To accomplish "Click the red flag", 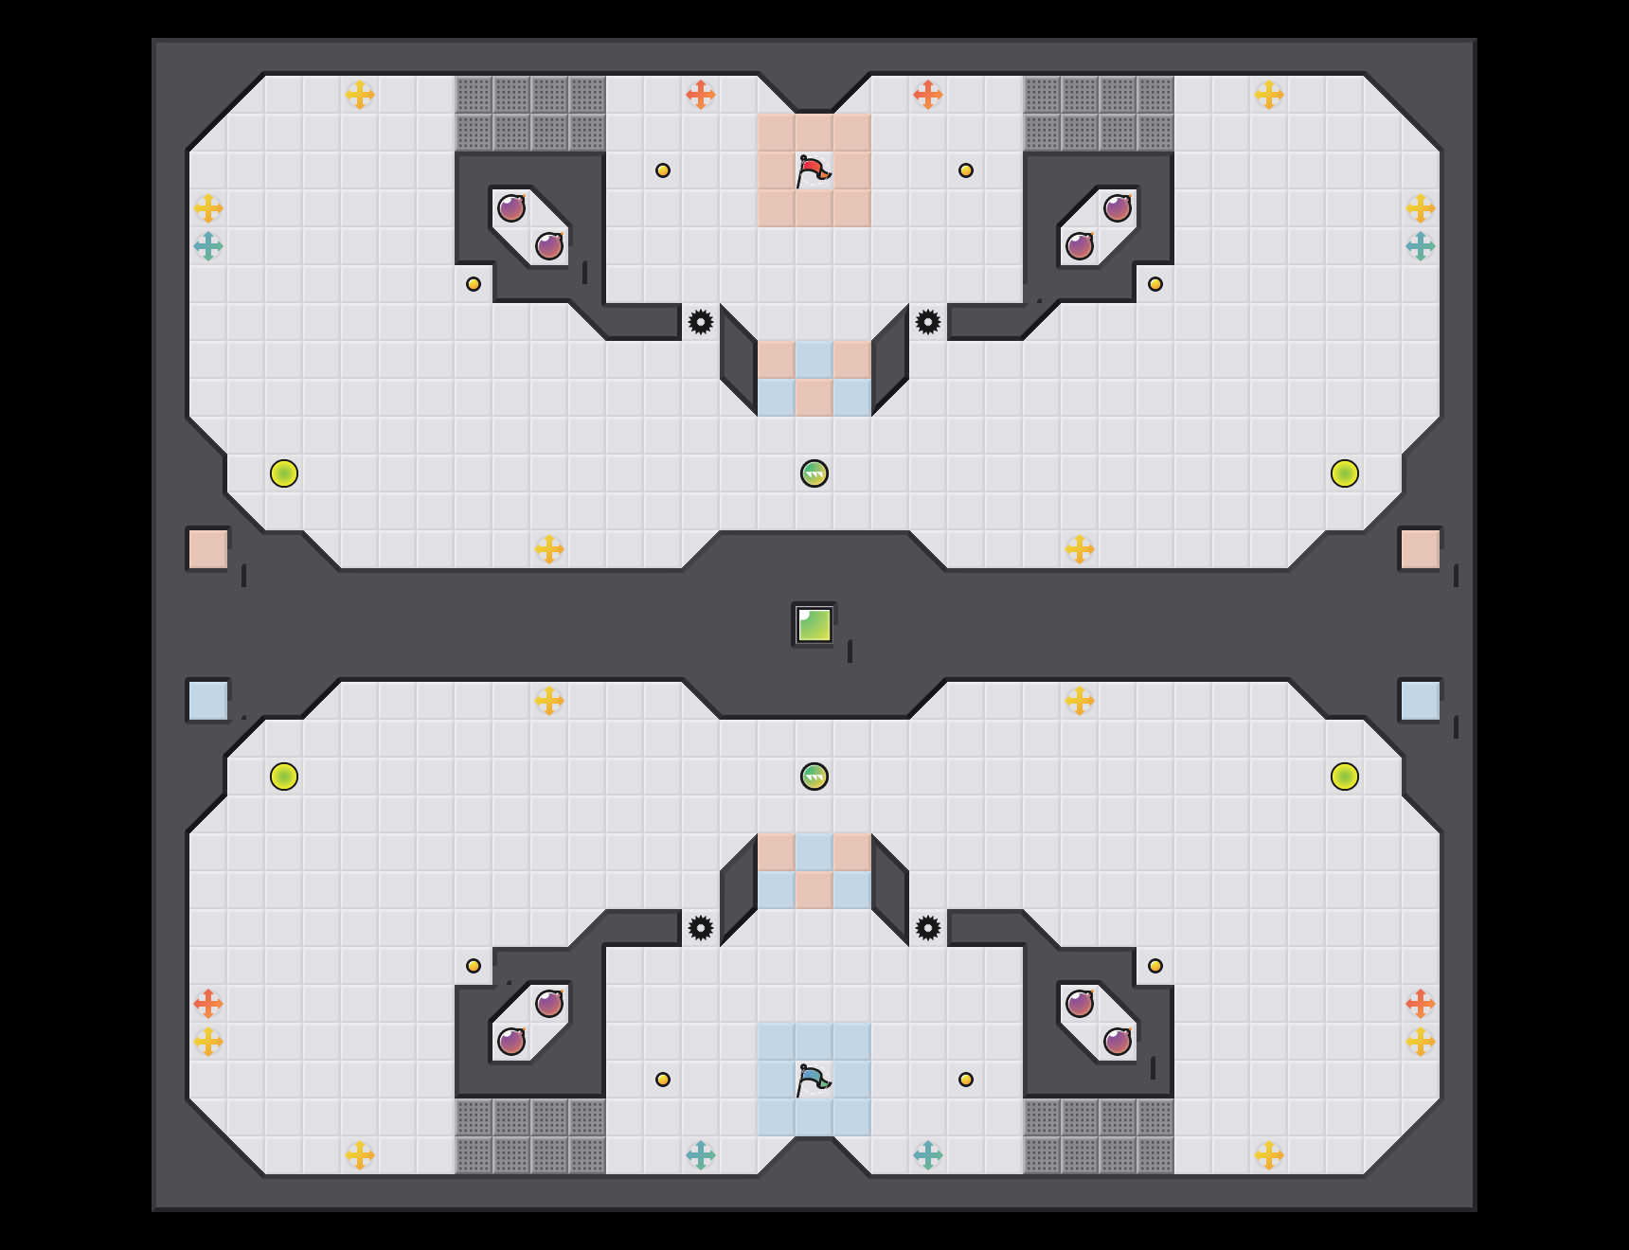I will [813, 171].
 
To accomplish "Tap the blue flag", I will [813, 1080].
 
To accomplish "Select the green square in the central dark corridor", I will [814, 625].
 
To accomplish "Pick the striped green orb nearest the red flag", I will [814, 473].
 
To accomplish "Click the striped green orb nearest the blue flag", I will [814, 777].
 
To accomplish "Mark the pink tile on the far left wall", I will [207, 549].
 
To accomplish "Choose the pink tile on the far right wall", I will [1420, 549].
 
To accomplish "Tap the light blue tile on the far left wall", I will [207, 701].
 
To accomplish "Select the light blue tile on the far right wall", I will [1420, 701].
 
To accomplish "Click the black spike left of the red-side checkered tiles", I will [701, 322].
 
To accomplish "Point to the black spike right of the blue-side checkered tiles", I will [928, 928].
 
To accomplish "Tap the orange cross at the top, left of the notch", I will [701, 95].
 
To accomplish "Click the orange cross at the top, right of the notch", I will [928, 95].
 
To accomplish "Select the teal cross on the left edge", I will [208, 246].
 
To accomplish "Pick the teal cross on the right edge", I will [1421, 246].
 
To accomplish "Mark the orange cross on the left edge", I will [208, 1004].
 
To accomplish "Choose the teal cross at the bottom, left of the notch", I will [701, 1155].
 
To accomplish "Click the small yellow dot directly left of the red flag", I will [663, 170].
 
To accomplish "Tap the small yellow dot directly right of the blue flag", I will [966, 1080].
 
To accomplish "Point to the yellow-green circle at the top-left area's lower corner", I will [284, 473].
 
